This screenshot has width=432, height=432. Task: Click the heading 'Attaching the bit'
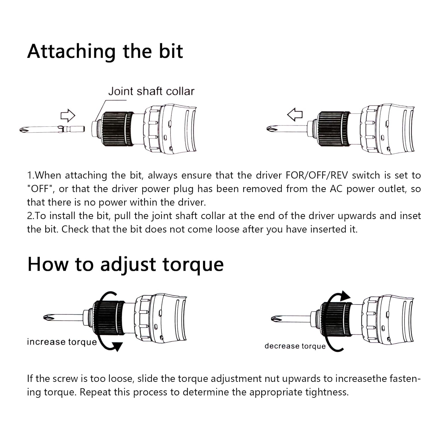[105, 52]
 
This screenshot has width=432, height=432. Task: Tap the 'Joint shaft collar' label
[151, 91]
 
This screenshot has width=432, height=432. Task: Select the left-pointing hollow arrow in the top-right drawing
[295, 114]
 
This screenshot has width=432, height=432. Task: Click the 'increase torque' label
[62, 342]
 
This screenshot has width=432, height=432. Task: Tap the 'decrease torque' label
[295, 346]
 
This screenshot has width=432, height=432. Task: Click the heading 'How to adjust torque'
[126, 264]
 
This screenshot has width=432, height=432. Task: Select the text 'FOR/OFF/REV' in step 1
[317, 175]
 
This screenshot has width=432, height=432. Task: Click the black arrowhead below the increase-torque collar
[117, 346]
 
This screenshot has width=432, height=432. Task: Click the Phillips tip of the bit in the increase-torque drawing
[48, 318]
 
